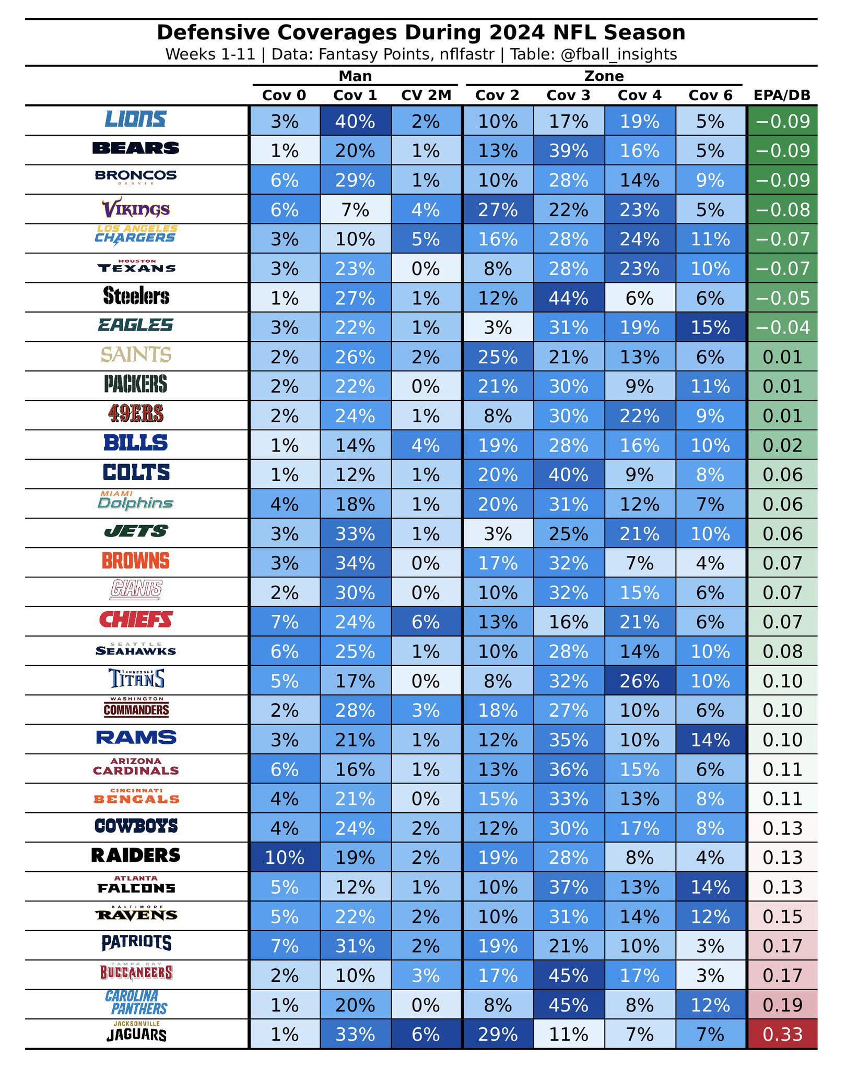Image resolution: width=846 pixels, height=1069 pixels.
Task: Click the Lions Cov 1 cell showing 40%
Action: tap(355, 121)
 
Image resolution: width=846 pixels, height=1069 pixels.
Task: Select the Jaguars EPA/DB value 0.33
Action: tap(782, 1034)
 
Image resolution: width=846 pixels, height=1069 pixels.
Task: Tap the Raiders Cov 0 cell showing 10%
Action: tap(284, 858)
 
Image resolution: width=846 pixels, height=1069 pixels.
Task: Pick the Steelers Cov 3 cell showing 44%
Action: tap(568, 298)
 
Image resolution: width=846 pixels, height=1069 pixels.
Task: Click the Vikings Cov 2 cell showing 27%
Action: tap(497, 210)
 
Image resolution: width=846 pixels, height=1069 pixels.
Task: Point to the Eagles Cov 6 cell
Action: tap(710, 327)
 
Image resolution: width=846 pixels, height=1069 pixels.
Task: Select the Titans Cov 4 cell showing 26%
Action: tap(639, 681)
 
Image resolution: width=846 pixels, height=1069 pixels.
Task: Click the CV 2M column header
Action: tap(426, 96)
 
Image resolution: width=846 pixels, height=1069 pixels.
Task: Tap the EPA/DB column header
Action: tap(782, 96)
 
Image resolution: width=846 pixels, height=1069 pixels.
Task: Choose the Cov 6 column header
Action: tap(710, 96)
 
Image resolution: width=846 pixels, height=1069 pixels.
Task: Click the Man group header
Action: tap(355, 76)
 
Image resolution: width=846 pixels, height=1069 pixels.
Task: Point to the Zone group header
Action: tap(604, 76)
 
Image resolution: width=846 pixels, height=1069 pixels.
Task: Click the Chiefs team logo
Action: tap(136, 620)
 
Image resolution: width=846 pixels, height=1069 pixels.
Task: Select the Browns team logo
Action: tap(136, 561)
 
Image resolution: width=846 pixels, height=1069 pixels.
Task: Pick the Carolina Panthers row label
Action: tap(136, 1002)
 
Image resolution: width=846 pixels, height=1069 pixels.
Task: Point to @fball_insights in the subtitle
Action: tap(618, 54)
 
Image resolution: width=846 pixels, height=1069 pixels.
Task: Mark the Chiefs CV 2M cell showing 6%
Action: tap(426, 622)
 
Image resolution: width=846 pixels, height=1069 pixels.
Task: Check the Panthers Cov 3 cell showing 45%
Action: tap(568, 1005)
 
